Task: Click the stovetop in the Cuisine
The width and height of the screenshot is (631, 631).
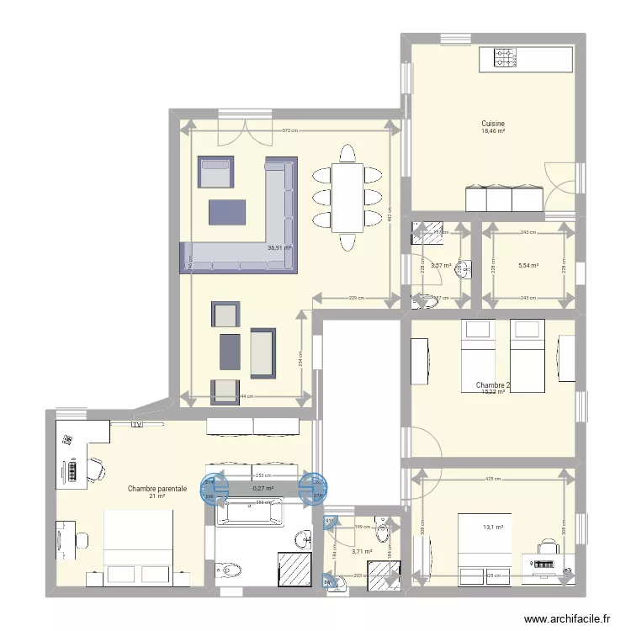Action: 505,57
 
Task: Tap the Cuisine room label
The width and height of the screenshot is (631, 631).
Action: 493,123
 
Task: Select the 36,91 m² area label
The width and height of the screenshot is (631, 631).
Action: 278,248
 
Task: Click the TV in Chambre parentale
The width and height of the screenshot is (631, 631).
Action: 135,426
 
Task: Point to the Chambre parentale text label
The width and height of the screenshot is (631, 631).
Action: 156,488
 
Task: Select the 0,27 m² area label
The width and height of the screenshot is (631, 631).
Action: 263,488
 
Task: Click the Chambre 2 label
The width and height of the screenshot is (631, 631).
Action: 493,385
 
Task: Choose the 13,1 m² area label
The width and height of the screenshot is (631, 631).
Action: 493,528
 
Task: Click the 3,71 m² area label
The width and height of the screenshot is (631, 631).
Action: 362,552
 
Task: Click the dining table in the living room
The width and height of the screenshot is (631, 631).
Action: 347,198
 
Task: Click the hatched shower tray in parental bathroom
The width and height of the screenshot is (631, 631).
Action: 294,565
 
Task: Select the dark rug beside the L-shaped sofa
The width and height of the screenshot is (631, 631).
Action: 226,213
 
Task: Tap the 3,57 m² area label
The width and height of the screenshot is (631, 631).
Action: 441,266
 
